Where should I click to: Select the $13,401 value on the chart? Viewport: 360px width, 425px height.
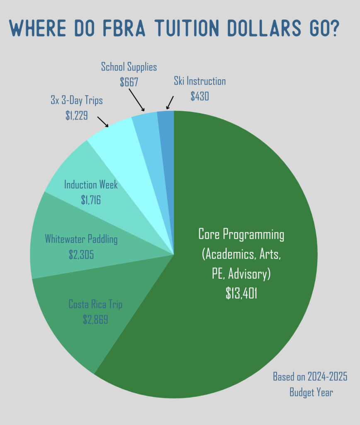point(241,293)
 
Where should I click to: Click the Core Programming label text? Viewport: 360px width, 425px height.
point(241,234)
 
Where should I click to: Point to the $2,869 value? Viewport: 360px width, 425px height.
point(95,319)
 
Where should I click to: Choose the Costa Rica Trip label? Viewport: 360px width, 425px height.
point(95,305)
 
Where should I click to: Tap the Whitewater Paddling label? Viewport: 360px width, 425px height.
point(81,239)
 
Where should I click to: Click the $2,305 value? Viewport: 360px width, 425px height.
point(81,254)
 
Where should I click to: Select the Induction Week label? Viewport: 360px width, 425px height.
point(91,185)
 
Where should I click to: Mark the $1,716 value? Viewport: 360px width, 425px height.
point(91,200)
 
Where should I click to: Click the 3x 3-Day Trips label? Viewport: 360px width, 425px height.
point(76,100)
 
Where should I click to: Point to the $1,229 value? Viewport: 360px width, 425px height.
point(76,115)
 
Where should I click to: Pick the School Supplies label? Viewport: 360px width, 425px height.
point(129,66)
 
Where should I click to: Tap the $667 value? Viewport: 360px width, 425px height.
point(129,81)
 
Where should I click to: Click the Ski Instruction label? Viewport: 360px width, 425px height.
point(200,81)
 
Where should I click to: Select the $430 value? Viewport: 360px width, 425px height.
point(200,96)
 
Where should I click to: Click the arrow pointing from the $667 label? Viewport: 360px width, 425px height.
point(136,100)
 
